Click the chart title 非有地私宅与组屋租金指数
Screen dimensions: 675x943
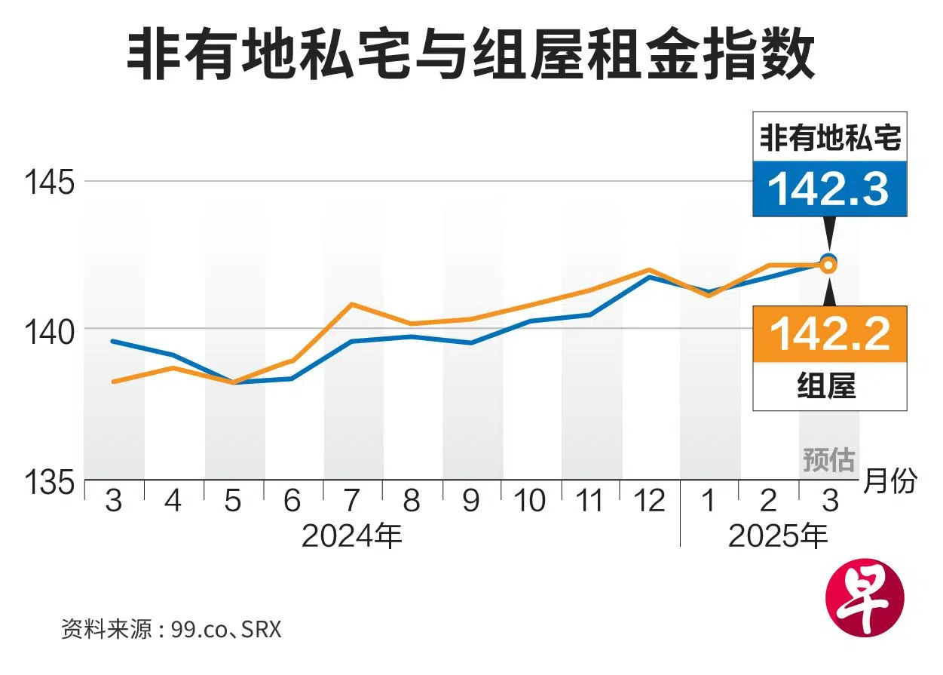470,57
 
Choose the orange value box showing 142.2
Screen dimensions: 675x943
829,333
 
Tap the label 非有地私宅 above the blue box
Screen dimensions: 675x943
829,138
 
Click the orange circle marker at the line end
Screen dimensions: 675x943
828,265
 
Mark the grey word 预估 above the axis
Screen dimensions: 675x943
828,459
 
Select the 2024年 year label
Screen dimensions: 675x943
352,536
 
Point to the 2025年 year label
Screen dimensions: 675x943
778,536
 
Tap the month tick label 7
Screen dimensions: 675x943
352,501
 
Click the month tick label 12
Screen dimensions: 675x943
650,501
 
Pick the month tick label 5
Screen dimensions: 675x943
234,501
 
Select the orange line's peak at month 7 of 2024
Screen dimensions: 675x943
352,304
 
